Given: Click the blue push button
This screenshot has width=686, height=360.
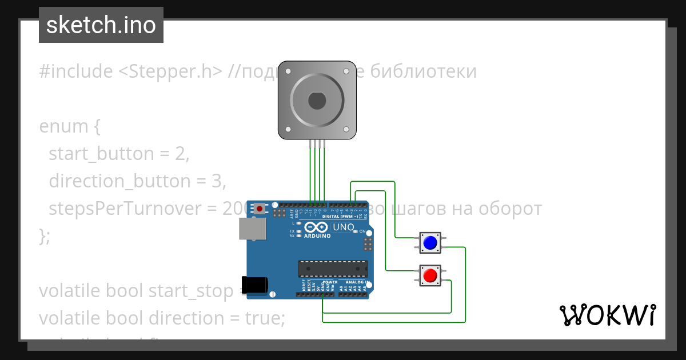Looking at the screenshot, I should point(429,243).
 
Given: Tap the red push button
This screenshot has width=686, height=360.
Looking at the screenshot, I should point(429,276).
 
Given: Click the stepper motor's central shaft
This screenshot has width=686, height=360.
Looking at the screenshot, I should point(317,101).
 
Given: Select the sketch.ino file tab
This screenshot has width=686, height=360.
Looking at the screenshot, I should point(101,25).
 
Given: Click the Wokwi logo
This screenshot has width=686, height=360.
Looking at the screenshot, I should point(607,315).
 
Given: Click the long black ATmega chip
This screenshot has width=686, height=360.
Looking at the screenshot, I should point(332,269).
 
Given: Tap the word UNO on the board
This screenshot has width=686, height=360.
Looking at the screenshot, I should point(344,227).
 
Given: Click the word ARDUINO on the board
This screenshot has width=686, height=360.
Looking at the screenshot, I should point(317,236).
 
